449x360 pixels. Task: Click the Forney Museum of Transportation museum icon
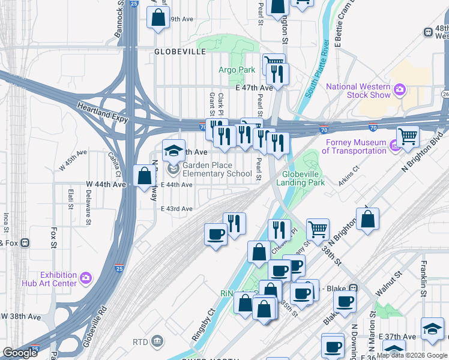click(x=394, y=146)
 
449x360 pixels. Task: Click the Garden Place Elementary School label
click(x=217, y=169)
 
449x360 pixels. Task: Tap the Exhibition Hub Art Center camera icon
click(x=85, y=278)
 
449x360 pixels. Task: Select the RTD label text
click(x=140, y=341)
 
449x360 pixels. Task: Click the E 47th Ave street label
click(x=254, y=88)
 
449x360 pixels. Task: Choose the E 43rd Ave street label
click(x=176, y=209)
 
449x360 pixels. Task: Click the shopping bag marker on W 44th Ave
click(x=144, y=176)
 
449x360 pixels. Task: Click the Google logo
click(x=20, y=353)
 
